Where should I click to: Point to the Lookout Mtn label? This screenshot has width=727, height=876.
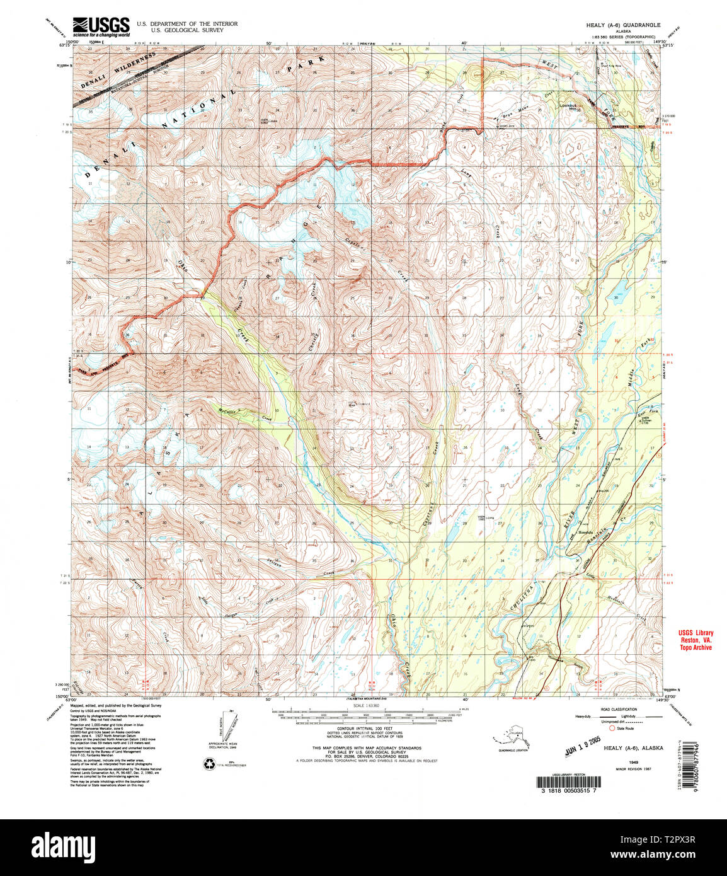click(569, 107)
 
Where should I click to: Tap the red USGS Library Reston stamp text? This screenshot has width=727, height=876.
click(696, 640)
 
